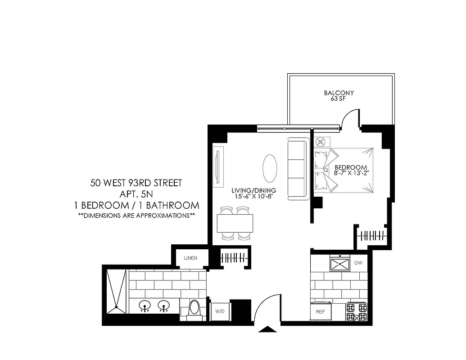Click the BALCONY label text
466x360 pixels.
(339, 93)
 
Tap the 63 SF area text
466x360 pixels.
(339, 99)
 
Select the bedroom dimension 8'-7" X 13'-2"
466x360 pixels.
(354, 172)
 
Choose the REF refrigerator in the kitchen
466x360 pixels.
(321, 311)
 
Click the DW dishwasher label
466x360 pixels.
(358, 262)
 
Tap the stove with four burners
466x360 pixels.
(356, 311)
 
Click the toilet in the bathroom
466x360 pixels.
(195, 309)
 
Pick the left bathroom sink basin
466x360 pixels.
(145, 306)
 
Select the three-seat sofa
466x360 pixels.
(297, 168)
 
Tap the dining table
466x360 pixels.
(235, 223)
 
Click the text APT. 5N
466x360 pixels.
(136, 194)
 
